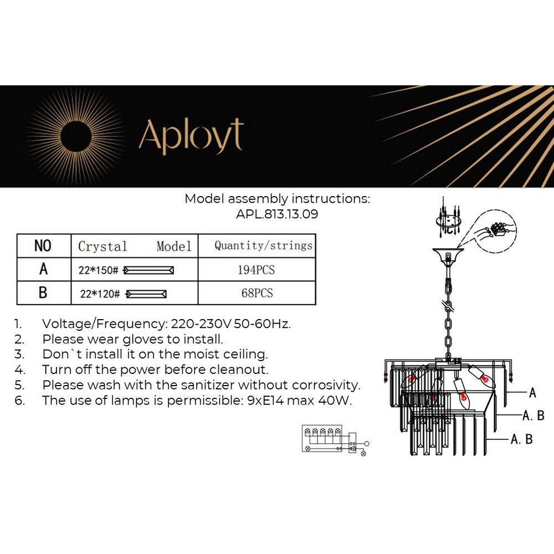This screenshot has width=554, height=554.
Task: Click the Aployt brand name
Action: point(191,135)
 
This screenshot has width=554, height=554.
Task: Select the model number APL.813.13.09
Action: point(277,214)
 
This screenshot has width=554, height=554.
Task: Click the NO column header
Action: point(43,246)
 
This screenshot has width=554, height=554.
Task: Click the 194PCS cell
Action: point(257,270)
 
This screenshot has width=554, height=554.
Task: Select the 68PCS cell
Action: point(257,293)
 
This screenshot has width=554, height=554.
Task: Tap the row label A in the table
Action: point(43,270)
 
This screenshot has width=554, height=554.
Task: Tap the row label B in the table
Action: point(43,293)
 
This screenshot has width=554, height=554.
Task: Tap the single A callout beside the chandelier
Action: point(532,393)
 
